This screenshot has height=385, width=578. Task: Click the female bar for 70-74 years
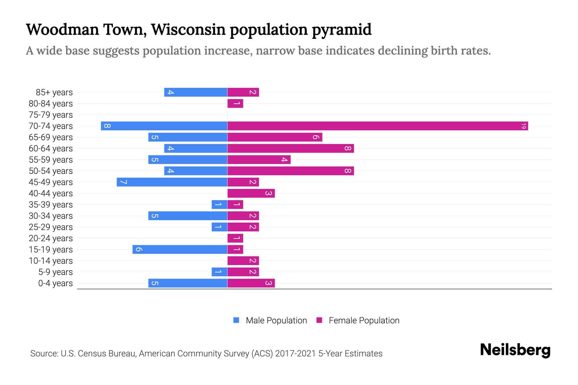tap(378, 126)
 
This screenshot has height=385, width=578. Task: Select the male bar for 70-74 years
tap(164, 126)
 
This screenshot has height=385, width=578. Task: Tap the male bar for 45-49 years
tap(172, 182)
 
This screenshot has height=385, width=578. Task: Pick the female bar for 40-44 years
tap(251, 193)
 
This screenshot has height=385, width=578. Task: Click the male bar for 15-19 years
tap(180, 249)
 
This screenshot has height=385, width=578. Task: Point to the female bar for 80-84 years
tap(235, 103)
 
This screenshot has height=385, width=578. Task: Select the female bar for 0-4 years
tap(251, 283)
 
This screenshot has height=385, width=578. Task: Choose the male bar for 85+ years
tap(196, 92)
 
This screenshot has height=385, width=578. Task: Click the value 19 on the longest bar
tap(523, 126)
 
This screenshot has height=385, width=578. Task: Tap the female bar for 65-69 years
tap(275, 137)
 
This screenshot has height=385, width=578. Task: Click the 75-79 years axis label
tap(51, 115)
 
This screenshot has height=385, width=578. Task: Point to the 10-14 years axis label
tap(51, 261)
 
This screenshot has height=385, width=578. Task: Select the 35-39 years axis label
tap(51, 204)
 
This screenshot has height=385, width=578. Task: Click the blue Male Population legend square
tap(236, 320)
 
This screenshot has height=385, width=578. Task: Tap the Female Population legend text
tap(364, 320)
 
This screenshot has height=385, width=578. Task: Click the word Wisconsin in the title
tap(188, 30)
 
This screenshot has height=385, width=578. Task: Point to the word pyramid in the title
tap(342, 30)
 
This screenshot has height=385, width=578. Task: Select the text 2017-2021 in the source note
tap(295, 354)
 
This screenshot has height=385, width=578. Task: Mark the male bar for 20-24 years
tap(227, 238)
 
